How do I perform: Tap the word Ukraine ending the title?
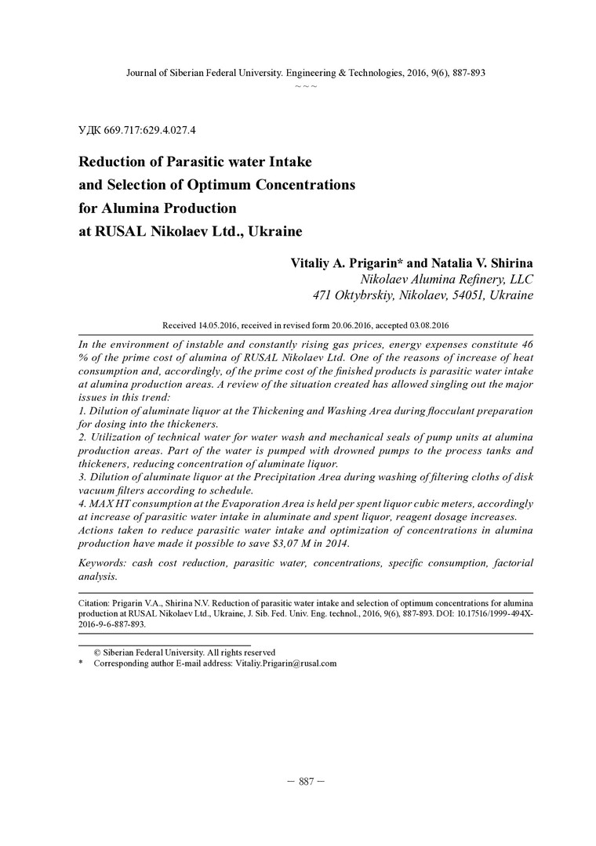point(275,232)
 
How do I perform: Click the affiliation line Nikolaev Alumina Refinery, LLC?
point(446,279)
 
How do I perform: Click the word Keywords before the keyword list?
point(107,563)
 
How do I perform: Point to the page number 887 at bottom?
point(306,782)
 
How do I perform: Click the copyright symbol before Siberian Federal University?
point(97,652)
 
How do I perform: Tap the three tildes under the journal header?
point(306,85)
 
